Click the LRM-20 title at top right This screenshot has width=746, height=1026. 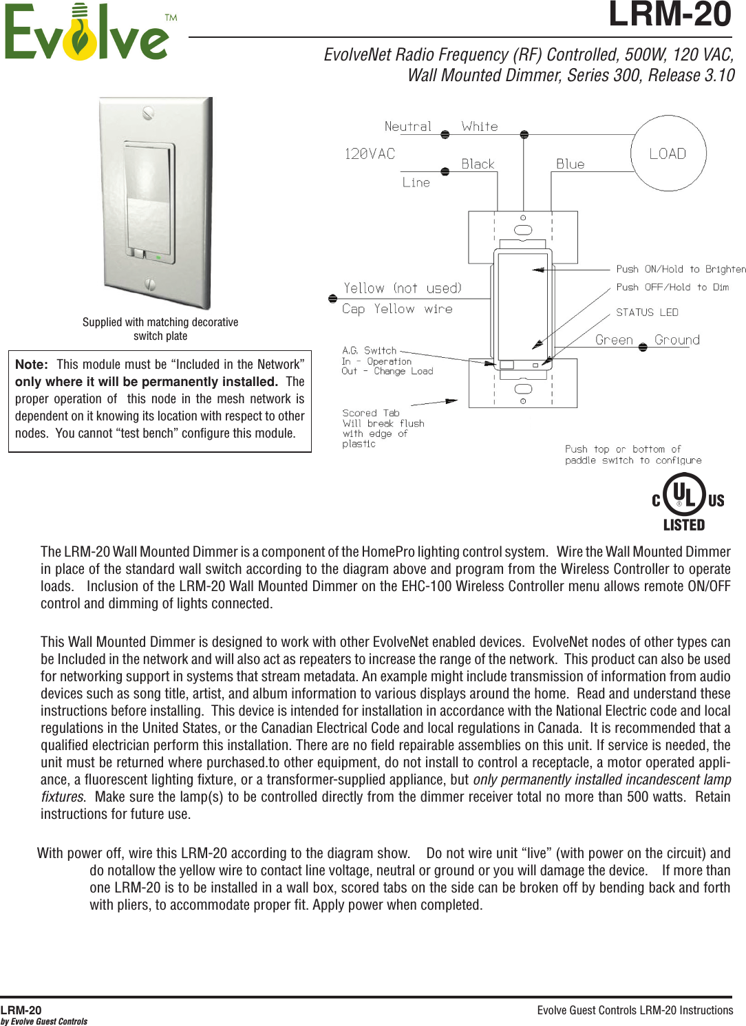[669, 15]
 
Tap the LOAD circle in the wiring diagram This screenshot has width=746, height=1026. [668, 153]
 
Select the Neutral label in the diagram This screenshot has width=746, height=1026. [407, 127]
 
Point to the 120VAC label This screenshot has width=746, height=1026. [370, 154]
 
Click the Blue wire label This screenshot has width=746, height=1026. [570, 164]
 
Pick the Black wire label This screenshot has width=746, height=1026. [478, 164]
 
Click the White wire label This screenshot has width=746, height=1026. [480, 127]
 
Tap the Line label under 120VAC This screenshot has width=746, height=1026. [416, 183]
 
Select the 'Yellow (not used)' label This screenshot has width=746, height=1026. [403, 288]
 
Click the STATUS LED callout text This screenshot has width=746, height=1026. [647, 312]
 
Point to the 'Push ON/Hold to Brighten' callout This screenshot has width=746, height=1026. [681, 269]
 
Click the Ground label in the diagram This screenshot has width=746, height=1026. [677, 340]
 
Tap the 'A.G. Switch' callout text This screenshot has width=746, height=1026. [370, 350]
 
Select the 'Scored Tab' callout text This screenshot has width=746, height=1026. [370, 413]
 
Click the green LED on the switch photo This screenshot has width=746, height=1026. [158, 257]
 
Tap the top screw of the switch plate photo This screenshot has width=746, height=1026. [148, 113]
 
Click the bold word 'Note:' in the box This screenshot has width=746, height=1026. [32, 365]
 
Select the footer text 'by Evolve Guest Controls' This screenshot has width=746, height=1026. [44, 1021]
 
